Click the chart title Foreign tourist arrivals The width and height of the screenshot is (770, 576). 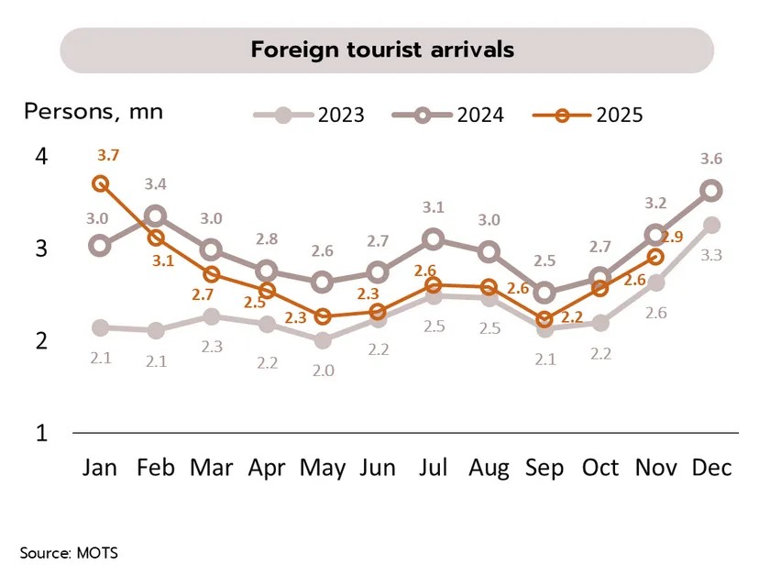coord(382,50)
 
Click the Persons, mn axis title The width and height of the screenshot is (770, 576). coord(93,112)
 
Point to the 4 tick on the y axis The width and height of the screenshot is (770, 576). coord(41,157)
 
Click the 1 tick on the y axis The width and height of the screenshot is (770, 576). coord(41,433)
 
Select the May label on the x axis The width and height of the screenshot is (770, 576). coord(322,468)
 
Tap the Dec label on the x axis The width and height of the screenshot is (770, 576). coord(711,468)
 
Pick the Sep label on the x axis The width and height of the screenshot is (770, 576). coord(544,468)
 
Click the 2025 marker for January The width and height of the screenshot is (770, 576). coord(101,183)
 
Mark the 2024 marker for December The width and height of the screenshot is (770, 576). coord(711,191)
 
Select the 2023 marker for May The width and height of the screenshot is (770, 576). coord(322,340)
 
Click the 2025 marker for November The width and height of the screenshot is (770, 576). coord(655,257)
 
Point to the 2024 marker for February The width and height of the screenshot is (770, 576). coord(156,216)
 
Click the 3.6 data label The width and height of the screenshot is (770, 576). coord(711,159)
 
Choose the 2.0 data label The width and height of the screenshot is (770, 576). coord(322,371)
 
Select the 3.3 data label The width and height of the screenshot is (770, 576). coord(711,255)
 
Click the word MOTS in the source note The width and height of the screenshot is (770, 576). coord(98,552)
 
